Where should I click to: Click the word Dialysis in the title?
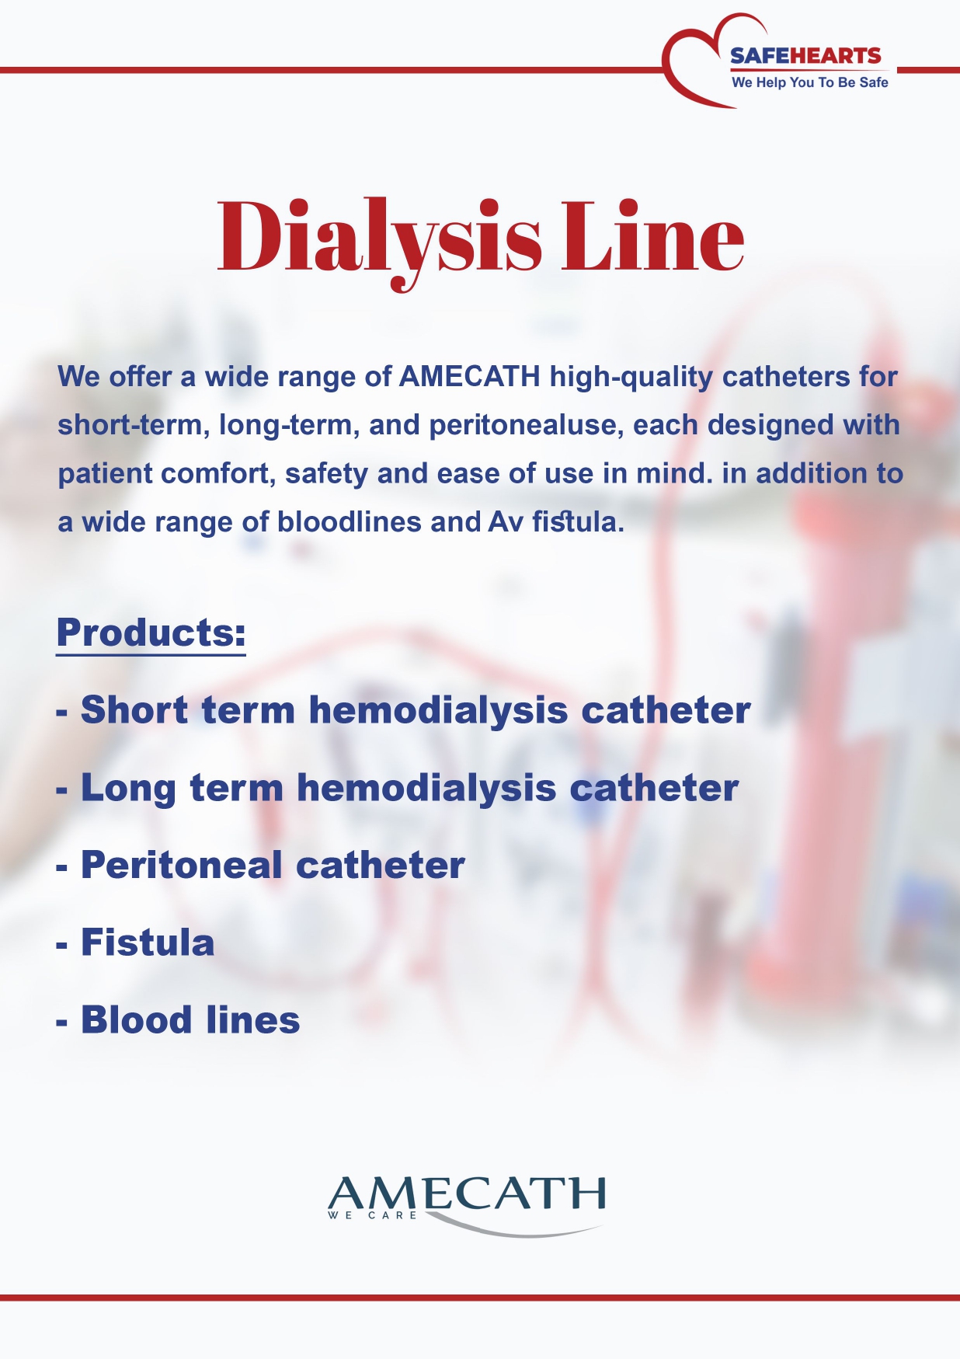[379, 238]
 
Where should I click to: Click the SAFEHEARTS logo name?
[805, 56]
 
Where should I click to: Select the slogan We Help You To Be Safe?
[809, 82]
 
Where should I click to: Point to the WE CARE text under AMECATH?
[373, 1215]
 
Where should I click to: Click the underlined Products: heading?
[151, 633]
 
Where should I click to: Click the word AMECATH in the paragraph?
[469, 377]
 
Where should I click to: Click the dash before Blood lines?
[62, 1022]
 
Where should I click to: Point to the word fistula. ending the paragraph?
[578, 522]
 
